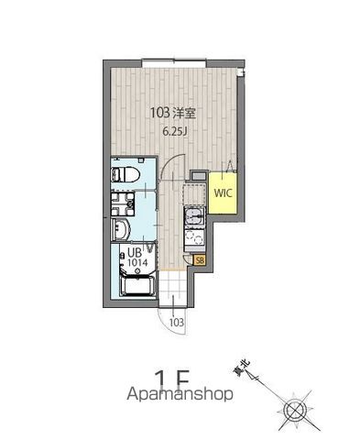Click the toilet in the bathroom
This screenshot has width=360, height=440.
[x=125, y=174]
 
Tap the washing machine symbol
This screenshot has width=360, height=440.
[x=123, y=203]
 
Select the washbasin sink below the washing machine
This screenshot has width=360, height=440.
[x=121, y=230]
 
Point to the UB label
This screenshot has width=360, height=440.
[x=135, y=253]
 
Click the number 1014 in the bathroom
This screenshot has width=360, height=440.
[x=137, y=262]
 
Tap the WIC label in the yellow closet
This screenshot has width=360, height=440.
[x=223, y=192]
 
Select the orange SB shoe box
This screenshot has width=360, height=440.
[x=200, y=260]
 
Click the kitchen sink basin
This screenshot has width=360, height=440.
[x=194, y=217]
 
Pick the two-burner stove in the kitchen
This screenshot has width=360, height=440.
[x=194, y=238]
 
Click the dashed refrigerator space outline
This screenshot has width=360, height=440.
[x=194, y=193]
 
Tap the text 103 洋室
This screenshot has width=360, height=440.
[x=172, y=114]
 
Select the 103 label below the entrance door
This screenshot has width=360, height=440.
[x=177, y=323]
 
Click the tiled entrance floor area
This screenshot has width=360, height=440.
[x=173, y=288]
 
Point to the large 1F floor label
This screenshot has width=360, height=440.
[x=172, y=378]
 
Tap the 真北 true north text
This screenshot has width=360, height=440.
[x=242, y=368]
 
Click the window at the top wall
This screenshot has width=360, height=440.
[x=174, y=64]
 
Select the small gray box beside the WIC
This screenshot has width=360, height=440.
[x=199, y=176]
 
